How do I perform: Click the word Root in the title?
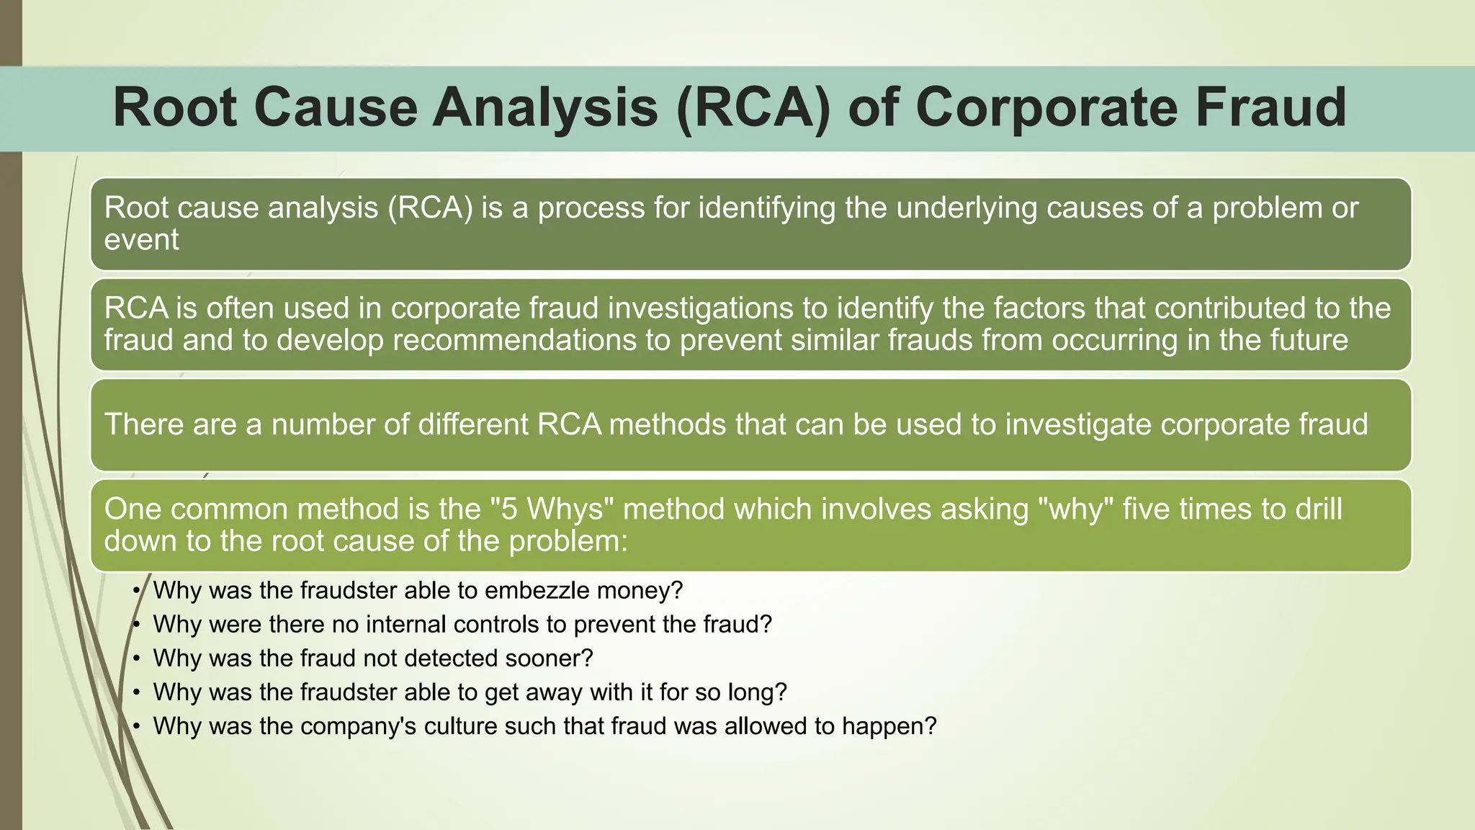click(175, 107)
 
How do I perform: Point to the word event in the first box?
click(141, 240)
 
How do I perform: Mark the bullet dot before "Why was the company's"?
click(136, 726)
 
